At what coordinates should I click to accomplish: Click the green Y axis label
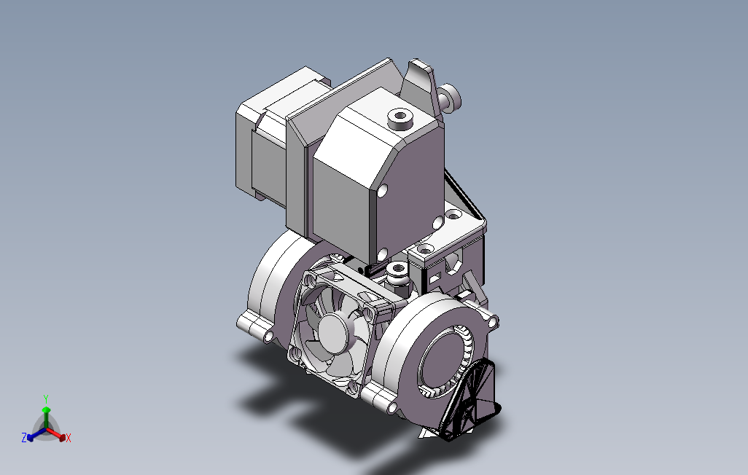(46, 399)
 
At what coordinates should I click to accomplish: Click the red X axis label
(69, 438)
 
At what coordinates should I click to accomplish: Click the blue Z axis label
(24, 437)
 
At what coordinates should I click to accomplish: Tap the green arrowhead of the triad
(46, 410)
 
